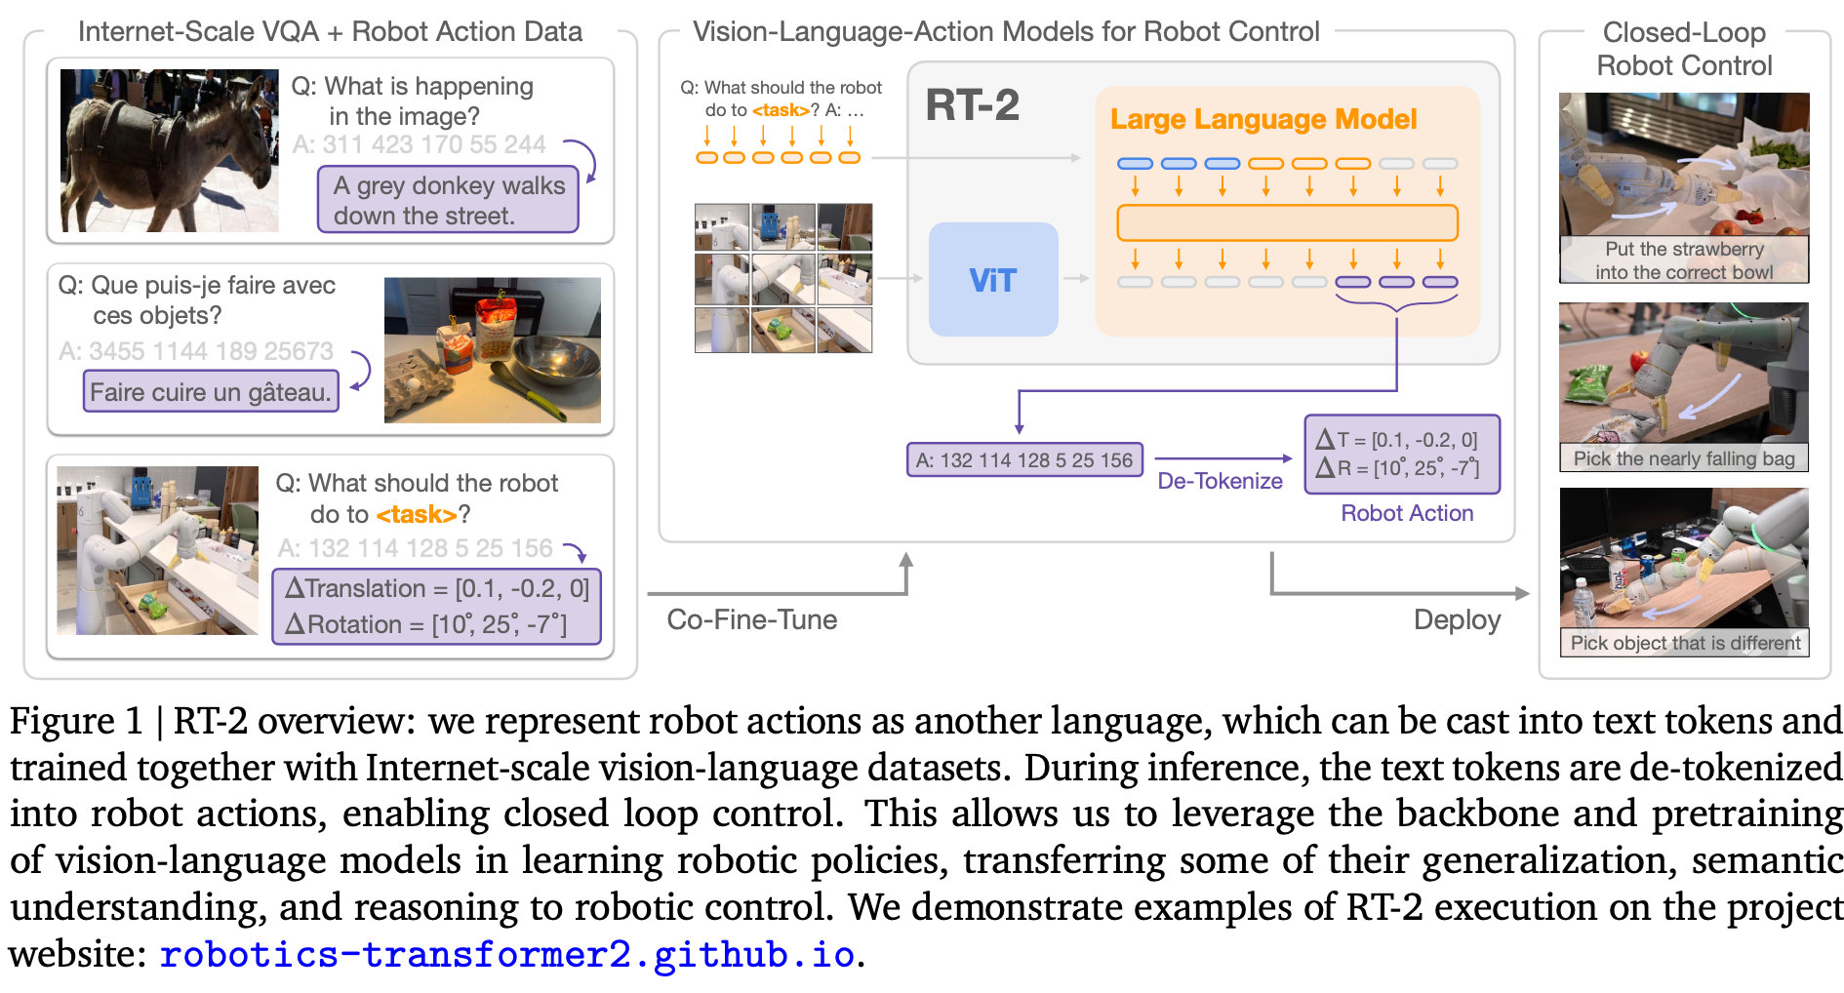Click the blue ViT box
pyautogui.click(x=992, y=280)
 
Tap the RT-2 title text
pyautogui.click(x=972, y=105)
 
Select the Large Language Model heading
pyautogui.click(x=1263, y=119)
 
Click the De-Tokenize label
pyautogui.click(x=1220, y=481)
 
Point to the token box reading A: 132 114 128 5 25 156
pyautogui.click(x=1023, y=460)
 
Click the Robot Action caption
pyautogui.click(x=1406, y=513)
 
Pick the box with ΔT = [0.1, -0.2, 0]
pyautogui.click(x=1401, y=455)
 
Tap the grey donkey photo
pyautogui.click(x=169, y=150)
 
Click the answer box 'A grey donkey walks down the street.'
pyautogui.click(x=448, y=200)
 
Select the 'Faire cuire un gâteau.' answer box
pyautogui.click(x=211, y=392)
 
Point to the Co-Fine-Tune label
pyautogui.click(x=751, y=619)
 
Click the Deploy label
pyautogui.click(x=1457, y=619)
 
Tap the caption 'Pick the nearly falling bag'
pyautogui.click(x=1683, y=458)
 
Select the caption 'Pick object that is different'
pyautogui.click(x=1684, y=643)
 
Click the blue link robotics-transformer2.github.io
pyautogui.click(x=507, y=954)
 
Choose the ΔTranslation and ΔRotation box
pyautogui.click(x=436, y=606)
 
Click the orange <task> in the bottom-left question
pyautogui.click(x=416, y=514)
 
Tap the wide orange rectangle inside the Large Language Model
pyautogui.click(x=1287, y=222)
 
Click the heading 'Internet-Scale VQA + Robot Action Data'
pyautogui.click(x=330, y=32)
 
